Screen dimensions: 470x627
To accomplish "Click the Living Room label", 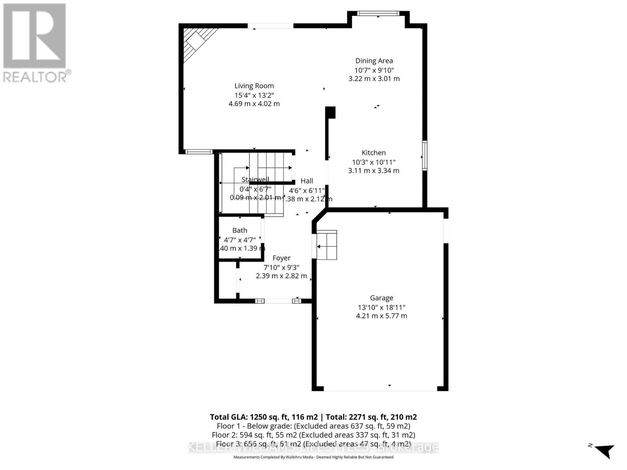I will coord(254,86).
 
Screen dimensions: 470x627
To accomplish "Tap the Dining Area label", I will coord(374,61).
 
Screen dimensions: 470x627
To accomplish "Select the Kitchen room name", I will coord(373,153).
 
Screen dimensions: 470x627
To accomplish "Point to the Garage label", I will coord(381,298).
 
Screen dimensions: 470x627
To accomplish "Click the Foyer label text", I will coord(281,258).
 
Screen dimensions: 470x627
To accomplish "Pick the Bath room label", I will coord(240,230).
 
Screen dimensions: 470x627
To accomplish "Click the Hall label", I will coord(307,181).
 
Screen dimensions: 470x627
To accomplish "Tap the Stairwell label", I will coord(255,180).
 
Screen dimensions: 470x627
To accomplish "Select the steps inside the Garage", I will coord(327,245).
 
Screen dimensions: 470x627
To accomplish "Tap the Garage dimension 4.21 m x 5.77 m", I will coord(381,316).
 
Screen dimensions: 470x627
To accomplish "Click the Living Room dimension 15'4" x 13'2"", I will coord(254,95).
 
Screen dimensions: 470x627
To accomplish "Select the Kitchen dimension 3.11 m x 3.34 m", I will coord(373,171).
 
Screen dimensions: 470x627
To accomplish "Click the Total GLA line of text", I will coord(313,417).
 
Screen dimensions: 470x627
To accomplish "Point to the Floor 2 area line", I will coord(313,435).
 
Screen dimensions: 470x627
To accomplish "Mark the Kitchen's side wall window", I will coord(424,155).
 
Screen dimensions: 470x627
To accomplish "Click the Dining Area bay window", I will coord(378,14).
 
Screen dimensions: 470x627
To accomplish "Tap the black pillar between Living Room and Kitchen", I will coord(331,112).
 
